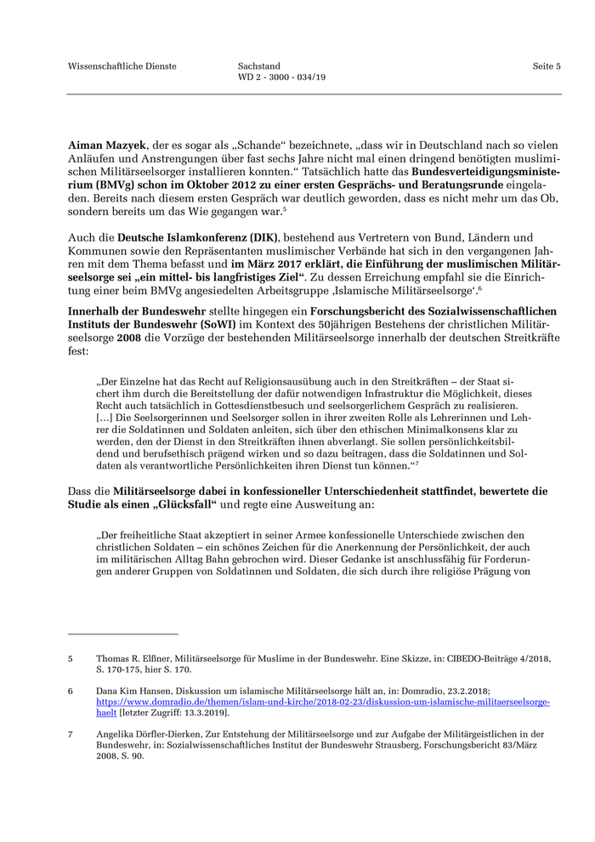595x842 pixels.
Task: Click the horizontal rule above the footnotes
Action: (x=122, y=634)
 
